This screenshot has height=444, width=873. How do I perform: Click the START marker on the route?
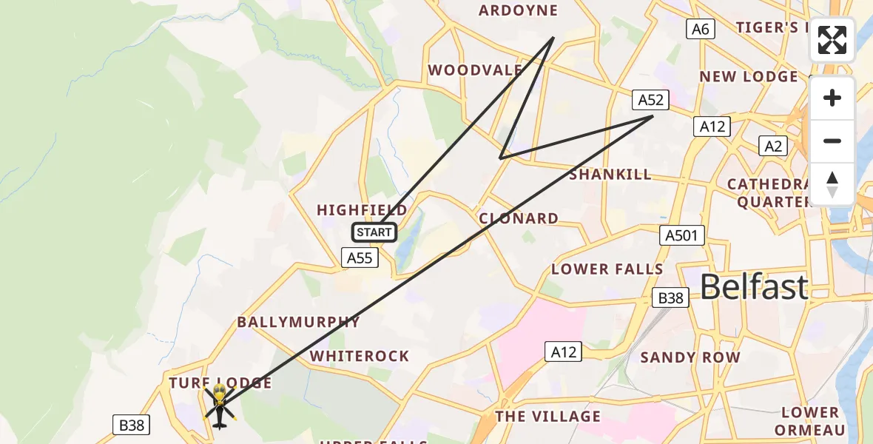(374, 232)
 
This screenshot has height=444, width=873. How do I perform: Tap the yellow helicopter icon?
(219, 405)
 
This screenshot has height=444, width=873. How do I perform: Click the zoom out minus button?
(832, 141)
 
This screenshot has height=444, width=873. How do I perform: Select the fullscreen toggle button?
(832, 40)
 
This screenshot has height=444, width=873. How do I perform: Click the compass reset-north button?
(832, 184)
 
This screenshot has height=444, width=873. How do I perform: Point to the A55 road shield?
(360, 258)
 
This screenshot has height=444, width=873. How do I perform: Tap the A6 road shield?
(700, 29)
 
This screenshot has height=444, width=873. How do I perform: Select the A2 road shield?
(773, 146)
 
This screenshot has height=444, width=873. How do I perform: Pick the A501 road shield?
(682, 235)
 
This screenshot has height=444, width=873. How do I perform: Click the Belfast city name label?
(753, 286)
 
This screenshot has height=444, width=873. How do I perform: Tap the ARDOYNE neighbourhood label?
(518, 10)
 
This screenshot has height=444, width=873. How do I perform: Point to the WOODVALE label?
(475, 70)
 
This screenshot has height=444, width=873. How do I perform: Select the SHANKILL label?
(610, 174)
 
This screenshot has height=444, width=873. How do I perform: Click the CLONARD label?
(519, 218)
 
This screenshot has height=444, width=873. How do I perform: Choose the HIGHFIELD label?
(362, 210)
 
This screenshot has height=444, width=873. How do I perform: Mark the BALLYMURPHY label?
(298, 322)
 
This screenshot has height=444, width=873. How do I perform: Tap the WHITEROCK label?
(360, 356)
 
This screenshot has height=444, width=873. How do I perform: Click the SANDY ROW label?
(690, 357)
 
